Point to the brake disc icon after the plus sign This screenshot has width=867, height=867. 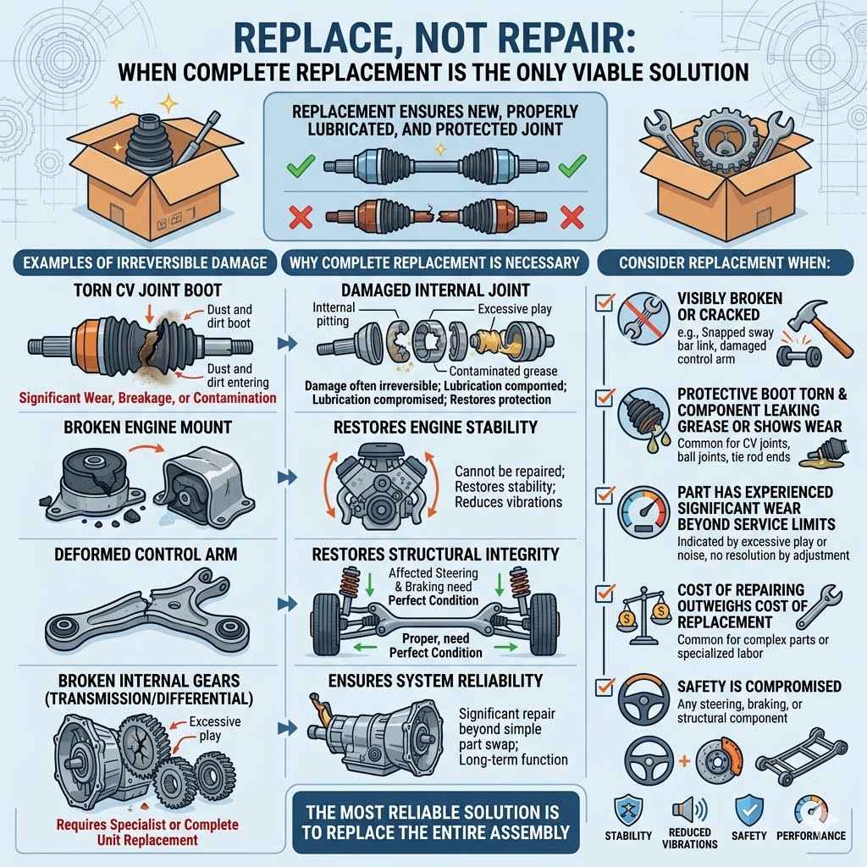point(721,758)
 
